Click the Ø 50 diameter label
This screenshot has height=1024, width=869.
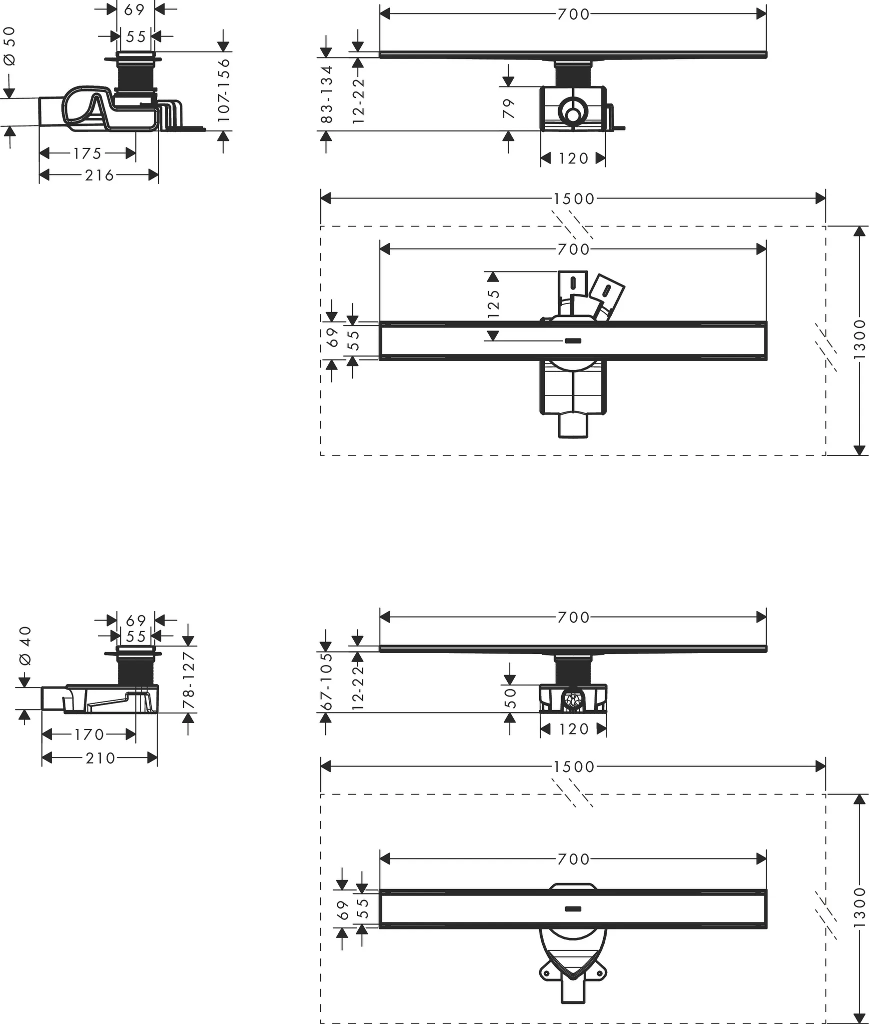(x=10, y=46)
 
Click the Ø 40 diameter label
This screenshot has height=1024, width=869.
(x=25, y=645)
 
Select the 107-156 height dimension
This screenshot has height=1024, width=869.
(x=223, y=90)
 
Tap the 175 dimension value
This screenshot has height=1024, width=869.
(x=87, y=153)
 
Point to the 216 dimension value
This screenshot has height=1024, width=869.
(x=99, y=175)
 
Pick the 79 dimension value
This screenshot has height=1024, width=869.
(x=508, y=108)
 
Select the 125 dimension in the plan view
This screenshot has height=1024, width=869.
(x=493, y=303)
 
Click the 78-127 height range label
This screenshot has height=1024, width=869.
(x=188, y=679)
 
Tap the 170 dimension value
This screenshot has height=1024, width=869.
(x=89, y=734)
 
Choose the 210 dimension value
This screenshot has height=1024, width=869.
(x=100, y=758)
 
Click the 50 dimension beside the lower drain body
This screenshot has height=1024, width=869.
(x=510, y=698)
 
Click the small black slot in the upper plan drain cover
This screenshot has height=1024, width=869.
(x=573, y=341)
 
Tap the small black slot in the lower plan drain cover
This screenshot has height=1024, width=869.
(x=573, y=908)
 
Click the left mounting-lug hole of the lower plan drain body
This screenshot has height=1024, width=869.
(x=546, y=973)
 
